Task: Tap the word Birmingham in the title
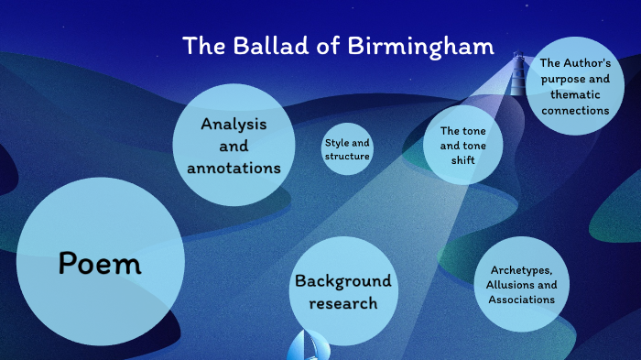[421, 46]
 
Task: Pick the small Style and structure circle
[347, 149]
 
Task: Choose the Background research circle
[342, 291]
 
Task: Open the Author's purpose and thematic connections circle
[574, 87]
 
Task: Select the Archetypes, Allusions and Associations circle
[521, 285]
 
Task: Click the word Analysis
[234, 124]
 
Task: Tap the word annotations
[234, 168]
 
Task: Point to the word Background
[342, 280]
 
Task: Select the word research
[342, 303]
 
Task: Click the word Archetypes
[521, 270]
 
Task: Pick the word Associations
[521, 300]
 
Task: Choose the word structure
[347, 156]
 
